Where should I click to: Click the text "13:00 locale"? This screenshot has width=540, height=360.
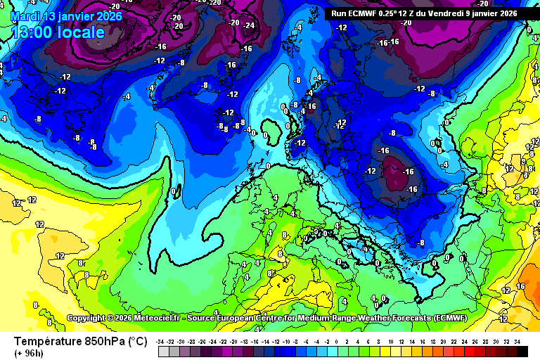click(x=58, y=32)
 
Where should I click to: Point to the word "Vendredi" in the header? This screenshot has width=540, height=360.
click(x=447, y=13)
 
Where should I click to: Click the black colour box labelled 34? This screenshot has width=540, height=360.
click(x=517, y=350)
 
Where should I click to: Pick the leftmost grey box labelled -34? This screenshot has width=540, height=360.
click(x=163, y=350)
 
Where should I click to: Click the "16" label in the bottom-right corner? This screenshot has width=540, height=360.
click(x=521, y=286)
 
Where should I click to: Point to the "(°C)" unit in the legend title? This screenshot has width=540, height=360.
click(x=136, y=342)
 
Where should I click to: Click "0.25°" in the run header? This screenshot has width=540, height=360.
click(x=396, y=13)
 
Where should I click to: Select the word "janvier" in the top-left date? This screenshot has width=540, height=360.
click(x=74, y=16)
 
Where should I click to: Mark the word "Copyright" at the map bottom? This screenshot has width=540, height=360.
click(x=86, y=319)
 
